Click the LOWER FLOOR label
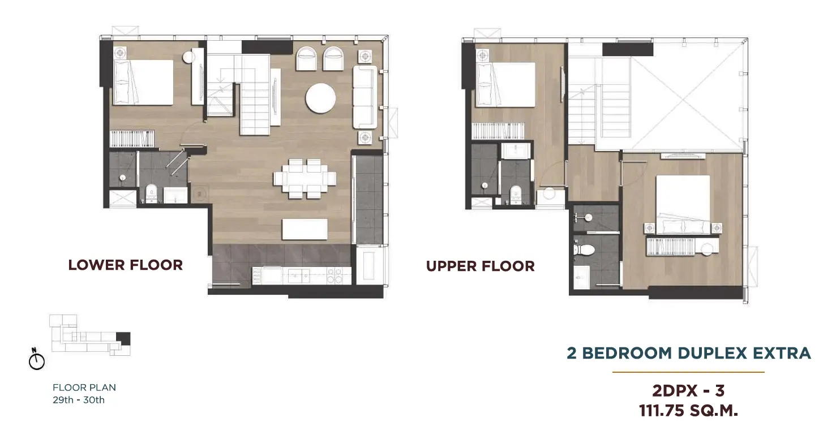(x=126, y=265)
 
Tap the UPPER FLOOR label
(x=481, y=266)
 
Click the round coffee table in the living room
(x=320, y=98)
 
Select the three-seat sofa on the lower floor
(x=365, y=97)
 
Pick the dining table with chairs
(x=305, y=178)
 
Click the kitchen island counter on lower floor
(x=305, y=229)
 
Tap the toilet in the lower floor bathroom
(x=151, y=193)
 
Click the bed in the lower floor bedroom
(x=143, y=83)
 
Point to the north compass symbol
(x=37, y=359)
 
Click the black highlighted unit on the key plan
(x=123, y=338)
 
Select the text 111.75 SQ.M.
(x=689, y=411)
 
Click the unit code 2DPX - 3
(x=689, y=391)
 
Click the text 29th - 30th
(x=79, y=400)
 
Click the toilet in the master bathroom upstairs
(x=584, y=249)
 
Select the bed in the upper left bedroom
(x=506, y=85)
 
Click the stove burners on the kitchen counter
(x=335, y=275)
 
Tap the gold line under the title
(x=689, y=372)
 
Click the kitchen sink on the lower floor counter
(x=298, y=277)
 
